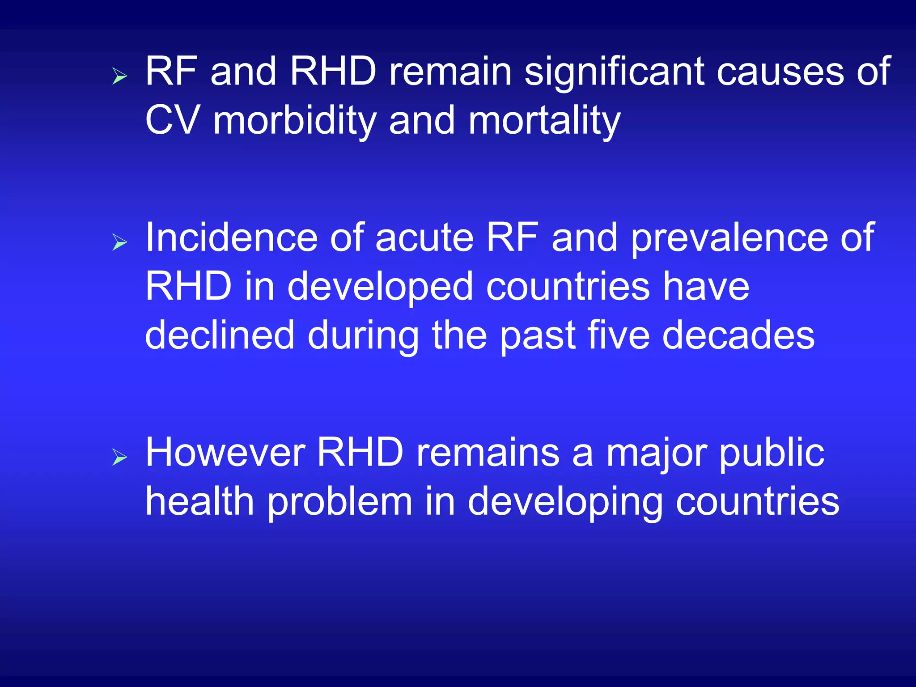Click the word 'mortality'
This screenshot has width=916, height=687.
[x=544, y=121]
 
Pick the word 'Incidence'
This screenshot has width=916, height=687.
[x=231, y=238]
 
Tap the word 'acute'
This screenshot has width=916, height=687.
[x=424, y=238]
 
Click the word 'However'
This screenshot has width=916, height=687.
[x=225, y=453]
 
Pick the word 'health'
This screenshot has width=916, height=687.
[x=200, y=502]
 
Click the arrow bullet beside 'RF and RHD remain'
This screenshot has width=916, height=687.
[x=119, y=76]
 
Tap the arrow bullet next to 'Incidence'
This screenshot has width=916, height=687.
[x=119, y=242]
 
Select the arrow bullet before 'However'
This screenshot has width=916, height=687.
[x=119, y=457]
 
